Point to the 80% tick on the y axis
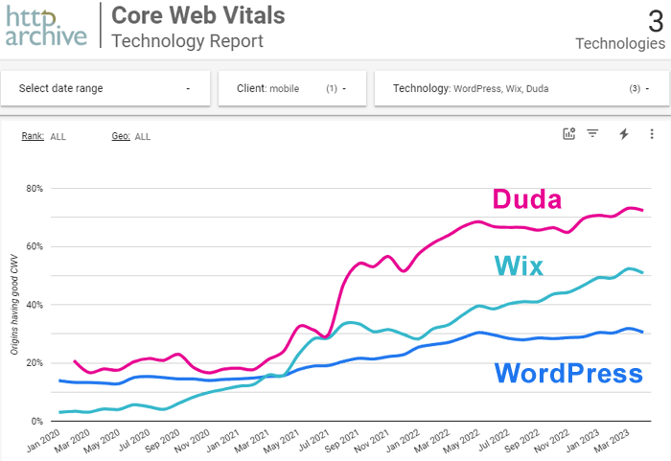(x=34, y=188)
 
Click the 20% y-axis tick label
(x=34, y=363)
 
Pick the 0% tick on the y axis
(x=36, y=422)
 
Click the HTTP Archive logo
(x=45, y=26)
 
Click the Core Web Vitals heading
(x=197, y=16)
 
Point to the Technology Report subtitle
(x=187, y=41)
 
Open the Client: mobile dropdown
(x=290, y=88)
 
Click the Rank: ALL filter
(x=44, y=136)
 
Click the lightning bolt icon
(x=623, y=134)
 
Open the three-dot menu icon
(x=652, y=134)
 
